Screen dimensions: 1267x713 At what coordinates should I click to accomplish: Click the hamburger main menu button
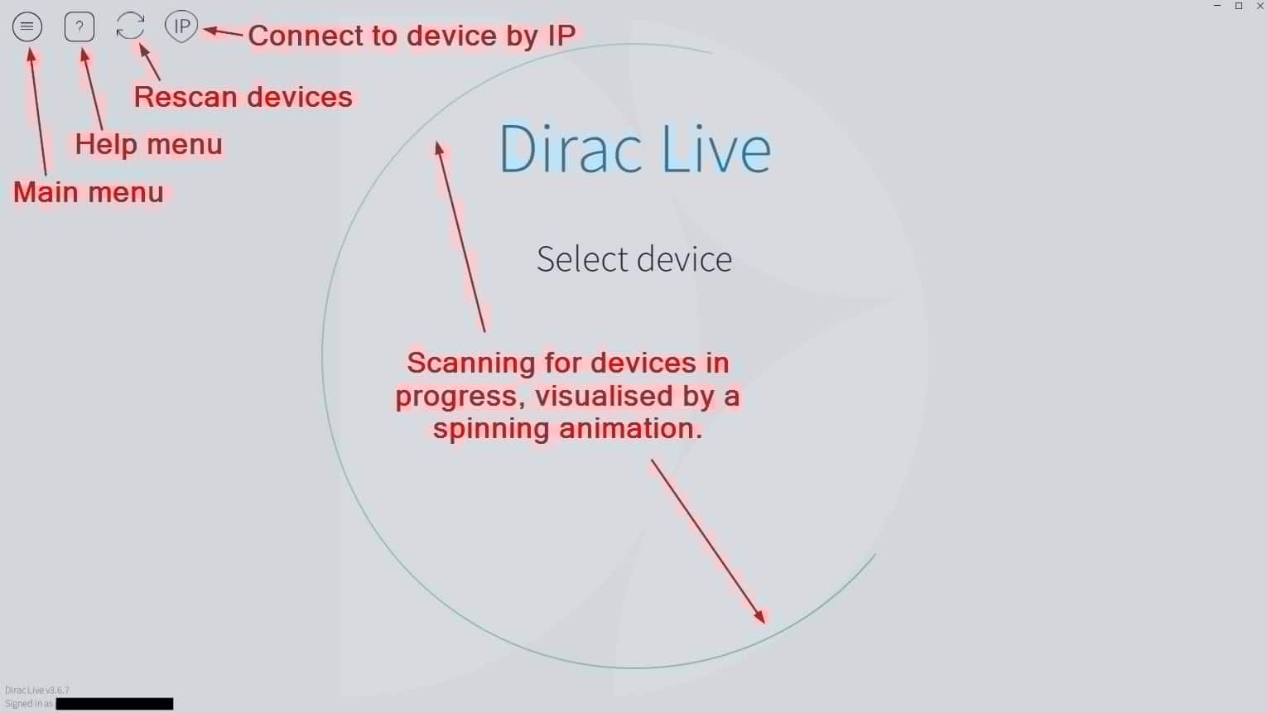pos(27,26)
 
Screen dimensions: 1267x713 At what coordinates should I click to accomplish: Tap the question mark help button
pos(79,26)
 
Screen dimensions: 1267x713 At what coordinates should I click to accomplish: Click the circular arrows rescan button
pos(130,26)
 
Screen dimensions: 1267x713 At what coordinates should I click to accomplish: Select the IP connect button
pos(181,26)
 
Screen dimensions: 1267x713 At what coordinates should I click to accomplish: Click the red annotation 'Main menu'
pos(89,192)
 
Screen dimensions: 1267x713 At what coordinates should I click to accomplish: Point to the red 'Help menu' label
pos(149,144)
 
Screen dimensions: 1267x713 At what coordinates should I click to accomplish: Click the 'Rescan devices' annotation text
pos(243,97)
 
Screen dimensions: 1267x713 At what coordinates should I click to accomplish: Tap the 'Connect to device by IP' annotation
pos(412,36)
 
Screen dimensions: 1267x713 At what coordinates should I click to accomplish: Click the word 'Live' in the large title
pos(716,149)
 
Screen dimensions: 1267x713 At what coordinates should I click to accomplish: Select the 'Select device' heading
pos(634,259)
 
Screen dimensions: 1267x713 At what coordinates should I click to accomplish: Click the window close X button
pos(1260,6)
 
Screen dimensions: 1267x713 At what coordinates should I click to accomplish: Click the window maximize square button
pos(1239,6)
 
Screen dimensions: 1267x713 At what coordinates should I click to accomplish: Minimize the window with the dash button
pos(1217,6)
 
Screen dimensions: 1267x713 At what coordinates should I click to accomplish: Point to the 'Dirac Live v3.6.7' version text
pos(36,690)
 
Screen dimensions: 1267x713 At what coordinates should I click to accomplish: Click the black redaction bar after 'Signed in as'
pos(115,703)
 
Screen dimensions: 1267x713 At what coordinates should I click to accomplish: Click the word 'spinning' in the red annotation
pos(491,429)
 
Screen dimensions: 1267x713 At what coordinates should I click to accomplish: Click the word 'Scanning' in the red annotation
pos(471,363)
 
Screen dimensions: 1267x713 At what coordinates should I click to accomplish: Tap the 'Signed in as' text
pos(29,703)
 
